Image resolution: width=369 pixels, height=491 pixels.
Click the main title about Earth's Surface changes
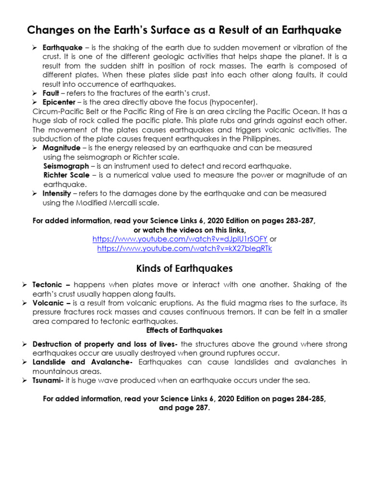click(x=184, y=30)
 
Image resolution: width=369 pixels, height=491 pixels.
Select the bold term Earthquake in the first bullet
click(x=61, y=47)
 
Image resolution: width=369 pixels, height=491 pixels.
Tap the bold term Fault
click(x=51, y=93)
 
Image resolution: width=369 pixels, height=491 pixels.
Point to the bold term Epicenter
click(x=59, y=102)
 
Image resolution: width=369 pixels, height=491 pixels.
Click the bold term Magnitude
click(x=61, y=148)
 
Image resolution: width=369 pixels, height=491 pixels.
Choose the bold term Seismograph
click(x=66, y=166)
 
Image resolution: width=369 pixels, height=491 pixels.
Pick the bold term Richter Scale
click(x=66, y=175)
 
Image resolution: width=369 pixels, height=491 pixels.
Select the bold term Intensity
click(x=57, y=193)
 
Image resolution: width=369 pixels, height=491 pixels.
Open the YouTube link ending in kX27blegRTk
click(x=184, y=248)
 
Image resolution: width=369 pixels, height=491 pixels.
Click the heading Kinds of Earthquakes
click(x=184, y=268)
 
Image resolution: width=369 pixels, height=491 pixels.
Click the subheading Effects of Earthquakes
click(x=184, y=330)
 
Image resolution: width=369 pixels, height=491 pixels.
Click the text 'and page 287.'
click(x=184, y=408)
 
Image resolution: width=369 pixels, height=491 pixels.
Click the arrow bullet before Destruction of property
click(x=25, y=344)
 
